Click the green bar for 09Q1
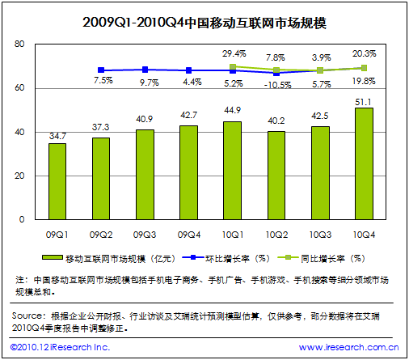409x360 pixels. click(57, 181)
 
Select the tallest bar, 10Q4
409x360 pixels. click(364, 163)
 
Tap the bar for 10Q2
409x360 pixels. click(276, 176)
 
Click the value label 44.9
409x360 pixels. click(233, 110)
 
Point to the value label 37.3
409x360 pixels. click(101, 127)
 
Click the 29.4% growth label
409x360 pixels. click(234, 53)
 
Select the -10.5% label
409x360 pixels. click(277, 85)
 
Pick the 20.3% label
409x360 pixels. click(365, 53)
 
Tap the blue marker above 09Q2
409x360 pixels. click(101, 70)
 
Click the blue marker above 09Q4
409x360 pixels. click(188, 70)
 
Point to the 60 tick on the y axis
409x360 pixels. click(19, 88)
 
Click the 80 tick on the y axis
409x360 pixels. click(19, 44)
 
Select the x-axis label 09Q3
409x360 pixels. click(145, 235)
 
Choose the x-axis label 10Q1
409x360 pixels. click(233, 235)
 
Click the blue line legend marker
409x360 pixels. click(193, 257)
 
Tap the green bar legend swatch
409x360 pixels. click(53, 258)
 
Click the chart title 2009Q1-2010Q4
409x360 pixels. click(133, 23)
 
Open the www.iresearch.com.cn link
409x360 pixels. click(348, 347)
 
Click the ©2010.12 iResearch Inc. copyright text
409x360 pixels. click(60, 347)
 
